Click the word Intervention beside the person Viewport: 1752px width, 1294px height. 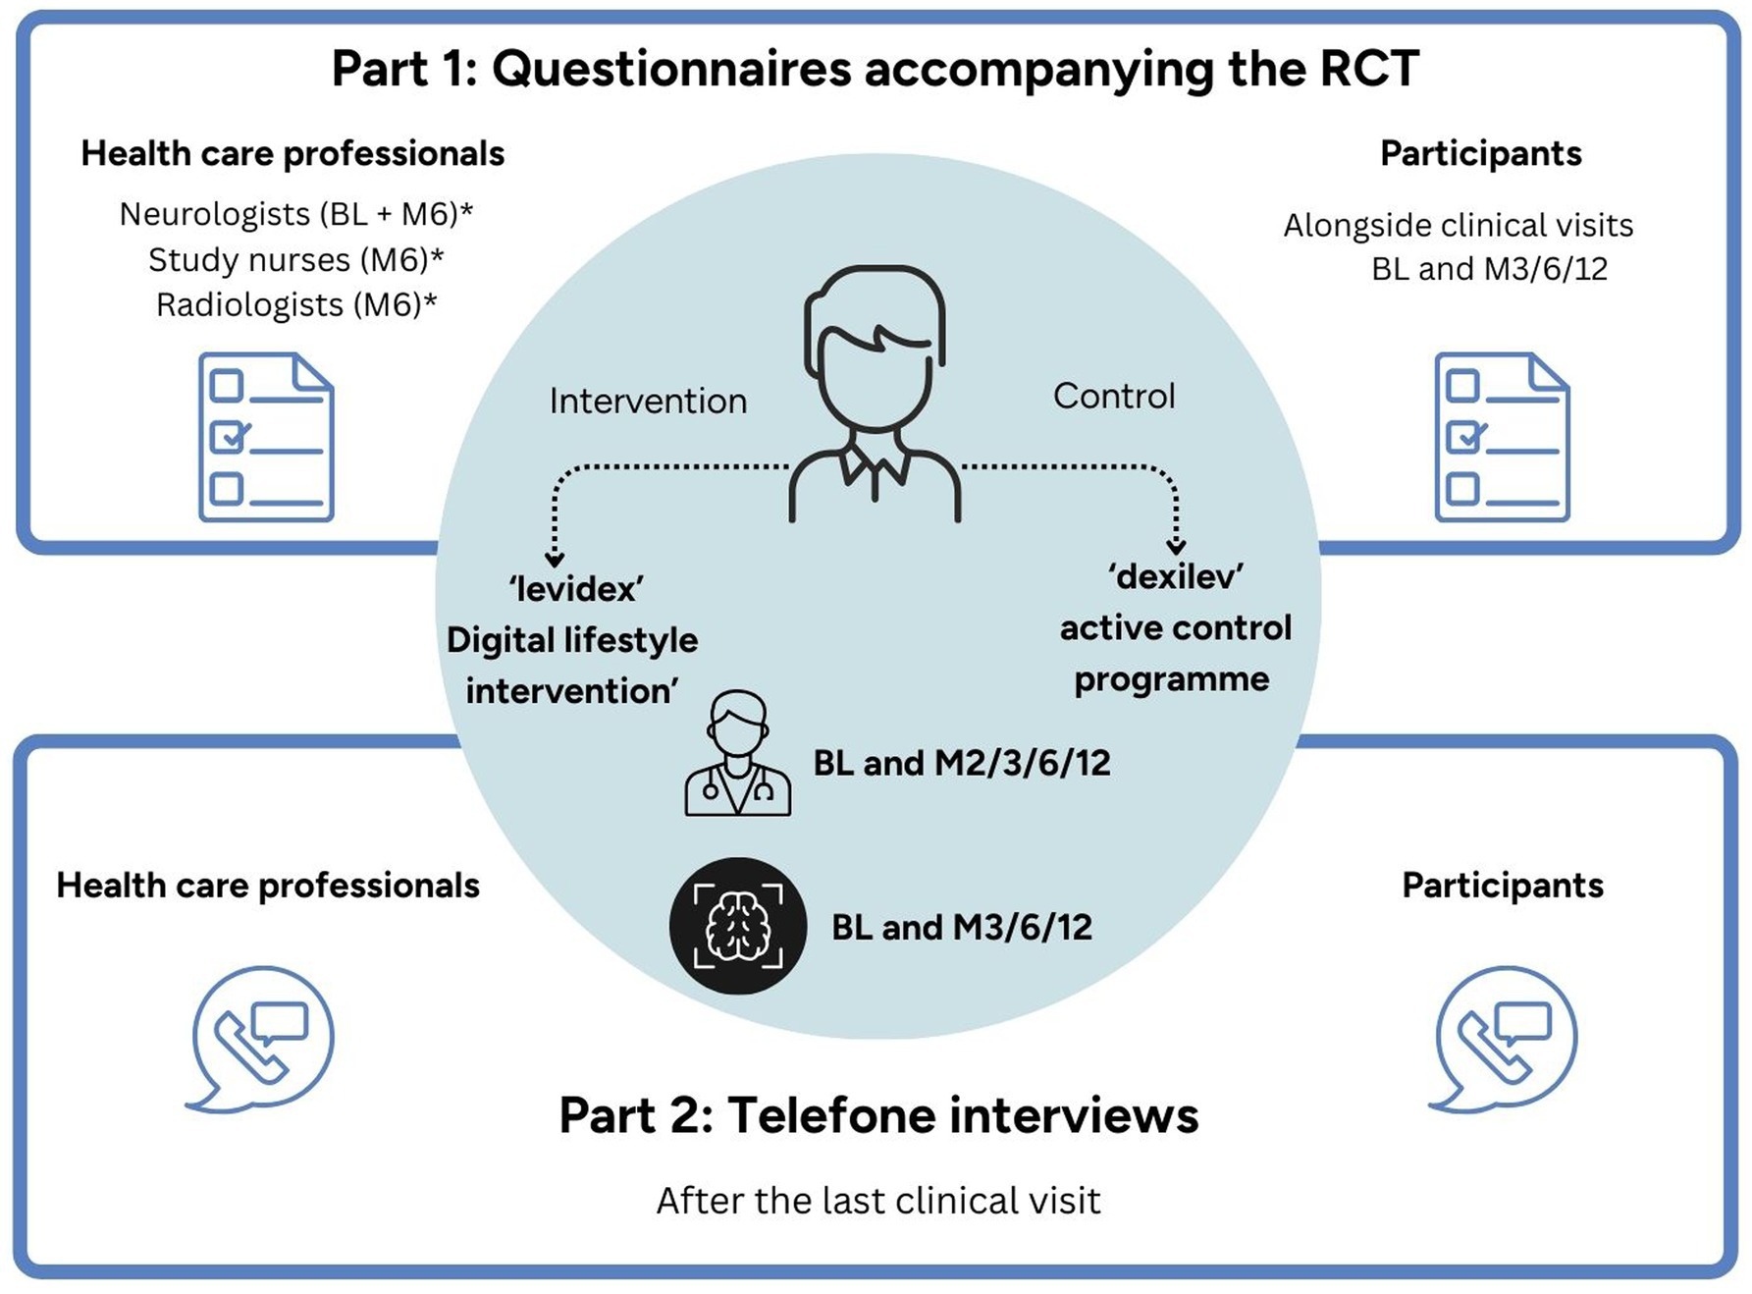coord(648,401)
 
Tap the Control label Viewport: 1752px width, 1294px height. coord(1113,396)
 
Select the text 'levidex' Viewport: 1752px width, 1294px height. coord(576,589)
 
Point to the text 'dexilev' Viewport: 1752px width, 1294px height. coord(1176,576)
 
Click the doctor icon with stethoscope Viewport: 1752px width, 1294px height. coord(737,754)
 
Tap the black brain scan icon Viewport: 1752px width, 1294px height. coord(737,926)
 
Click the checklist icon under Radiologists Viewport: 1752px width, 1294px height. coord(266,437)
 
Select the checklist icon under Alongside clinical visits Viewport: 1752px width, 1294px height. coord(1501,437)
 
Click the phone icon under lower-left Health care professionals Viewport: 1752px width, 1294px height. coord(261,1039)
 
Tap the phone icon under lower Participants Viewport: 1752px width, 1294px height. coord(1503,1039)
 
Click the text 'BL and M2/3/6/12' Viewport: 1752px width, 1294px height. coord(962,763)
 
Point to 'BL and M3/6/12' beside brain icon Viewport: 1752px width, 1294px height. coord(962,927)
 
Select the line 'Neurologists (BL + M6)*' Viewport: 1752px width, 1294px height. coord(295,214)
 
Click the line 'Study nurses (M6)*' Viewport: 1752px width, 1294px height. coord(295,260)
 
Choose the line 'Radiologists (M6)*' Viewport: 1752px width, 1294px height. coord(295,305)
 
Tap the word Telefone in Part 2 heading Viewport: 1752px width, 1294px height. coord(830,1115)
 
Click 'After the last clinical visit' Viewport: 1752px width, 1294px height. coord(878,1201)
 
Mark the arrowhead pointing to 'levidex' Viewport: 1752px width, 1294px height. coord(555,560)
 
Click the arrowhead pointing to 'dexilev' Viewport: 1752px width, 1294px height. coord(1176,547)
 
